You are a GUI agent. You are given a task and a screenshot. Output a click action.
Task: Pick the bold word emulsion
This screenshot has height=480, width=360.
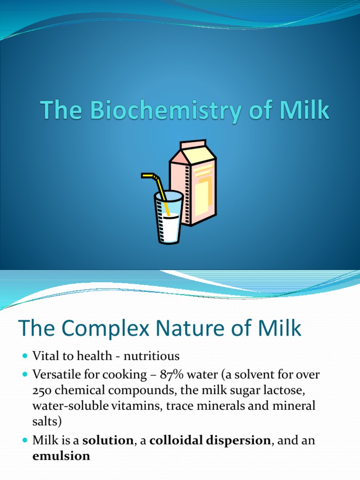[61, 456]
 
